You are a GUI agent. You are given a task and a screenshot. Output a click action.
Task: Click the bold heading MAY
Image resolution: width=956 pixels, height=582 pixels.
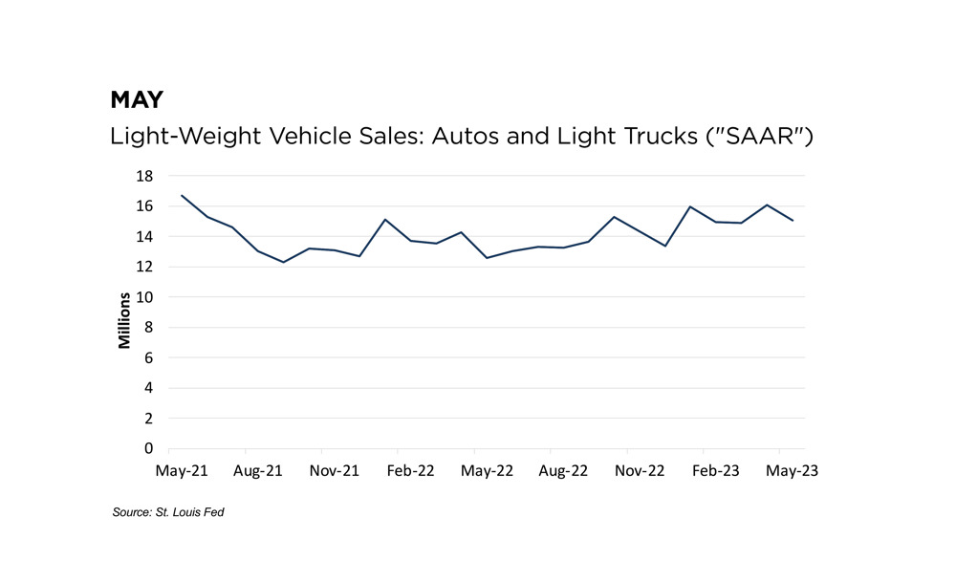point(137,99)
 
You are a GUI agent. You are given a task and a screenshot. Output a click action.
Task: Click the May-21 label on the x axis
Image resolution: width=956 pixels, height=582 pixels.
point(183,471)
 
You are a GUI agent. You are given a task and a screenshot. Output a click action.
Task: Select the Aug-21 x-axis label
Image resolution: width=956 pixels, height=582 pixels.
point(259,471)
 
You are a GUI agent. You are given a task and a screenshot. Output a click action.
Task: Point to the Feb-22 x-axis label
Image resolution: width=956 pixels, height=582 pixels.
point(411,471)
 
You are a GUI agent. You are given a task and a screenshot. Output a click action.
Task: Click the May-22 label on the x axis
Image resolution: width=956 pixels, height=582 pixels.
point(488,471)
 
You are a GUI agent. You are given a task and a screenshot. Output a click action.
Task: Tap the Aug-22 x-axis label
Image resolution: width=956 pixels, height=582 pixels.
point(564,471)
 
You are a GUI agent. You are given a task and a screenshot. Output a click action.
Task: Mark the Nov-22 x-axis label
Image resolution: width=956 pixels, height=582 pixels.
point(640,471)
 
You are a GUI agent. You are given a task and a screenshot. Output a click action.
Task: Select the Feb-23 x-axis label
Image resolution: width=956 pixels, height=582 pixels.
point(716,471)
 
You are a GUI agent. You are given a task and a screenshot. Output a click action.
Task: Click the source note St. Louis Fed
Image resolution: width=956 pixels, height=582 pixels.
point(168,513)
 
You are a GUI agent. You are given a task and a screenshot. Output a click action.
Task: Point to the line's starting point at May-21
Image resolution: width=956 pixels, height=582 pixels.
point(182,196)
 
